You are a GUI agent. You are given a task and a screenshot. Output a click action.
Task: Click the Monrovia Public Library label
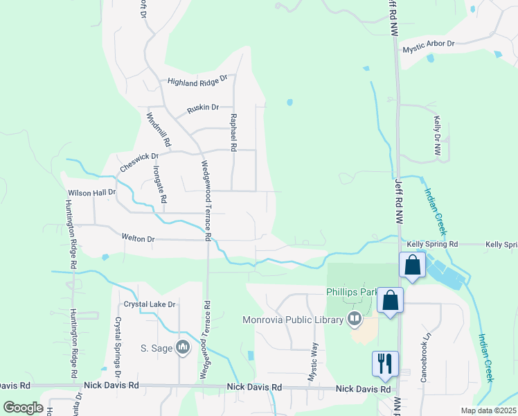coord(293,320)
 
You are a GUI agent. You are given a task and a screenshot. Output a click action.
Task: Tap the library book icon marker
coord(355,319)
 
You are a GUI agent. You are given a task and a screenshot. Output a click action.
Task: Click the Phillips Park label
coord(355,292)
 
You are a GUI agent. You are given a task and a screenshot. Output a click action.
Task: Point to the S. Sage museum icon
coord(183,347)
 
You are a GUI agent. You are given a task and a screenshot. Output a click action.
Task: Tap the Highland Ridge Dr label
coord(197,80)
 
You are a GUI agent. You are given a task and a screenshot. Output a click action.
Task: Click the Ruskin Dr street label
coord(203,107)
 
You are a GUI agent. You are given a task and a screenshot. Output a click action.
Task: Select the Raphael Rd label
coord(234,132)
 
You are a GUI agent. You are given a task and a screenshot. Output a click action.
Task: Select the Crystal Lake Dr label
coord(150,304)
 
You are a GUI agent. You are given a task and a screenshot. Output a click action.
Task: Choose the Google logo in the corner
coord(24,408)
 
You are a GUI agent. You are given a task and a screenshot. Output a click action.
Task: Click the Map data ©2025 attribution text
coord(488,410)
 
